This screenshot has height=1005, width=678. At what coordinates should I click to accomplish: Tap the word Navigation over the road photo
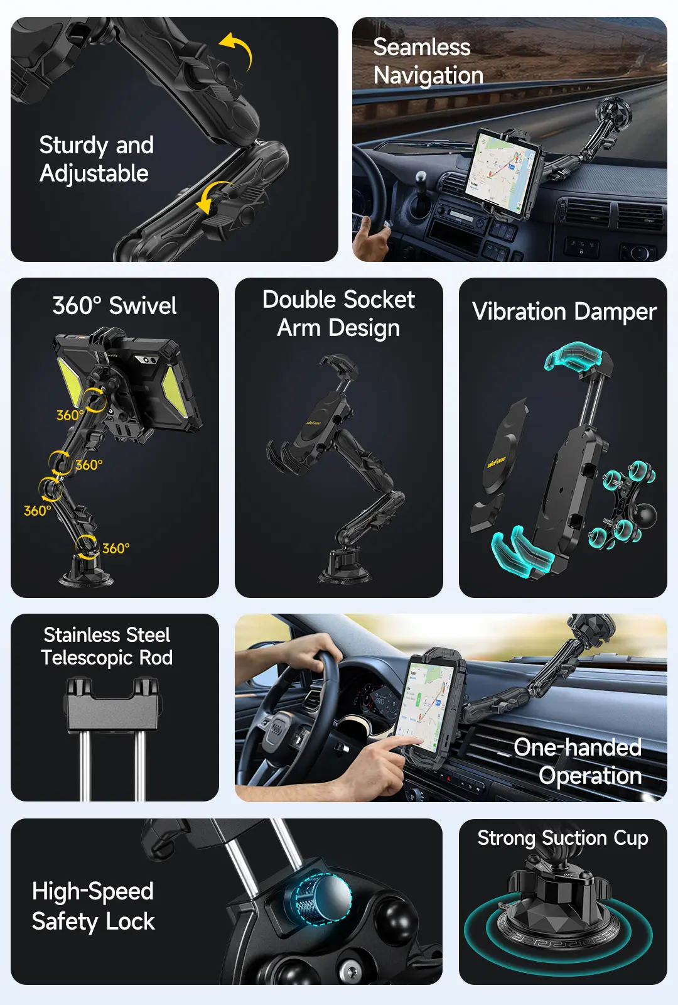point(428,76)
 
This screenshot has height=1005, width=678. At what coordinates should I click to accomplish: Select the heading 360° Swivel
point(114,306)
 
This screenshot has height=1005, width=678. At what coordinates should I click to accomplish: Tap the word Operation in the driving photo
point(590,776)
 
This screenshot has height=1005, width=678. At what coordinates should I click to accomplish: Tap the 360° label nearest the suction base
point(116,548)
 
